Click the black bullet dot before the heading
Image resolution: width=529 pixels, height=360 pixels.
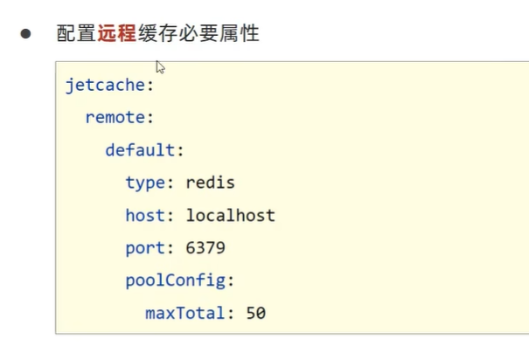tap(26, 34)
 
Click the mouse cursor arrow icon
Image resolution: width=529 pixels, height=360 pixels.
tap(161, 67)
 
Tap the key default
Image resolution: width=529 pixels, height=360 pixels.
tap(140, 150)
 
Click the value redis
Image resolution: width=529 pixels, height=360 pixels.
tap(211, 183)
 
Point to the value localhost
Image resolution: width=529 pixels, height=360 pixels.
tap(230, 215)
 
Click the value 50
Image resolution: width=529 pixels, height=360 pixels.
tap(255, 312)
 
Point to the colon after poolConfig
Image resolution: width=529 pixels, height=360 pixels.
tap(230, 280)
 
